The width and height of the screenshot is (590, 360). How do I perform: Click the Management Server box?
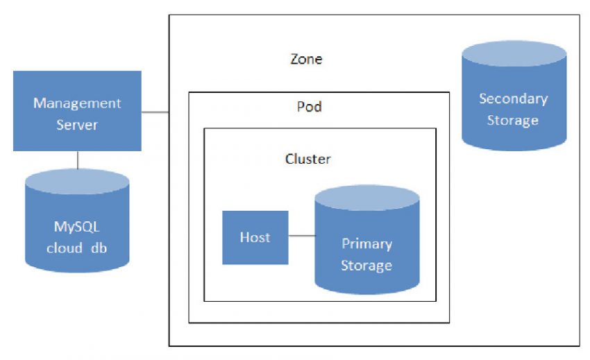tap(77, 111)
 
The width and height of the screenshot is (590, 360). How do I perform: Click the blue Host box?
tap(255, 237)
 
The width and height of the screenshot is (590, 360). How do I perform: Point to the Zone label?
tap(306, 59)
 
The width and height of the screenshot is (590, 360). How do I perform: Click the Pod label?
tap(310, 107)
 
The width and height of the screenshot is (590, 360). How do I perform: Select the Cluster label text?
tap(308, 159)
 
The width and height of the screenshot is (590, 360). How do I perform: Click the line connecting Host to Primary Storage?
tap(301, 236)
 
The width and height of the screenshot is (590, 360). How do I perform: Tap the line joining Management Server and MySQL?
tap(77, 160)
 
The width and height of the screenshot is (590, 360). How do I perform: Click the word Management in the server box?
tap(77, 103)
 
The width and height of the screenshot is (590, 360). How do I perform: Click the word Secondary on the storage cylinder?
tap(513, 98)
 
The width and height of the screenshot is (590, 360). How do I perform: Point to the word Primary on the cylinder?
tap(366, 244)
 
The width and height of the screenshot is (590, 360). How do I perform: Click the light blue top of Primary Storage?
tap(366, 198)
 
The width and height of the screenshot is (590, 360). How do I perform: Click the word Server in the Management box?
tap(77, 125)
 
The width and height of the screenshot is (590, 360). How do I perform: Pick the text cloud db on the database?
tap(77, 248)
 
